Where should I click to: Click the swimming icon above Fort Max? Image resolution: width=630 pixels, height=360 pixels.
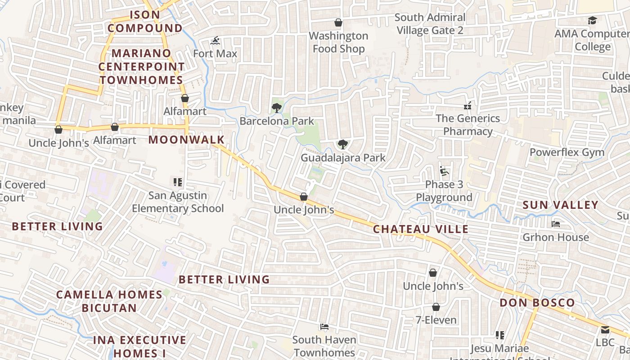[x=215, y=41]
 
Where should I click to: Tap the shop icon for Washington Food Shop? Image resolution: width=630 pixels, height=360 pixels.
[x=338, y=22]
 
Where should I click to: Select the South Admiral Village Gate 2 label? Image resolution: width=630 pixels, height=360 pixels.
[x=430, y=24]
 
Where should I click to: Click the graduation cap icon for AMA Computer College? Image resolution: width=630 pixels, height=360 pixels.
[x=592, y=21]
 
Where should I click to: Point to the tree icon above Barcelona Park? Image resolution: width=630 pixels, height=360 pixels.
[x=277, y=108]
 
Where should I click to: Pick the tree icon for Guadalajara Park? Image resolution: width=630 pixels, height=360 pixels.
[x=343, y=144]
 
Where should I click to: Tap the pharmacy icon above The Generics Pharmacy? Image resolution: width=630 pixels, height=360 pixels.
[x=468, y=106]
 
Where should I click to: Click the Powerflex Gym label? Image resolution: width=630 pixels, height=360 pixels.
[x=567, y=152]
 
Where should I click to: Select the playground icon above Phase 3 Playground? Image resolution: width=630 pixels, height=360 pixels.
[x=444, y=171]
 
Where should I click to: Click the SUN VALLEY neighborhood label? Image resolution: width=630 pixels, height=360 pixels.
[x=560, y=205]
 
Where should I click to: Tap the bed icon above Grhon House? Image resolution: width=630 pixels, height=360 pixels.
[x=556, y=224]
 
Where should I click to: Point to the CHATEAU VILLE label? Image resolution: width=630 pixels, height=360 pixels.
[x=421, y=229]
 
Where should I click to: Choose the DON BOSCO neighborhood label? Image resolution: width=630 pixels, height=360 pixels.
[x=537, y=302]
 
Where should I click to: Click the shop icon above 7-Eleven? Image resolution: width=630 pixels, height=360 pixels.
[x=436, y=307]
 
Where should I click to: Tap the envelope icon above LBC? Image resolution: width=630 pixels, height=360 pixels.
[x=605, y=330]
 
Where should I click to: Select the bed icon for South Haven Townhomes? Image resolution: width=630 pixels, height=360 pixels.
[x=324, y=327]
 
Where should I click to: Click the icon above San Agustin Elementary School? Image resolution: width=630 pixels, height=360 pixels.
[x=178, y=182]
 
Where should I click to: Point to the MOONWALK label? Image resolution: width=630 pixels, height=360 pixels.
[x=186, y=139]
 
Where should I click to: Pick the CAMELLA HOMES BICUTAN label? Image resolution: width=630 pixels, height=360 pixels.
[x=109, y=301]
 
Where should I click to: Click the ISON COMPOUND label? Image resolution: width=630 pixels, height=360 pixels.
[x=145, y=21]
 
